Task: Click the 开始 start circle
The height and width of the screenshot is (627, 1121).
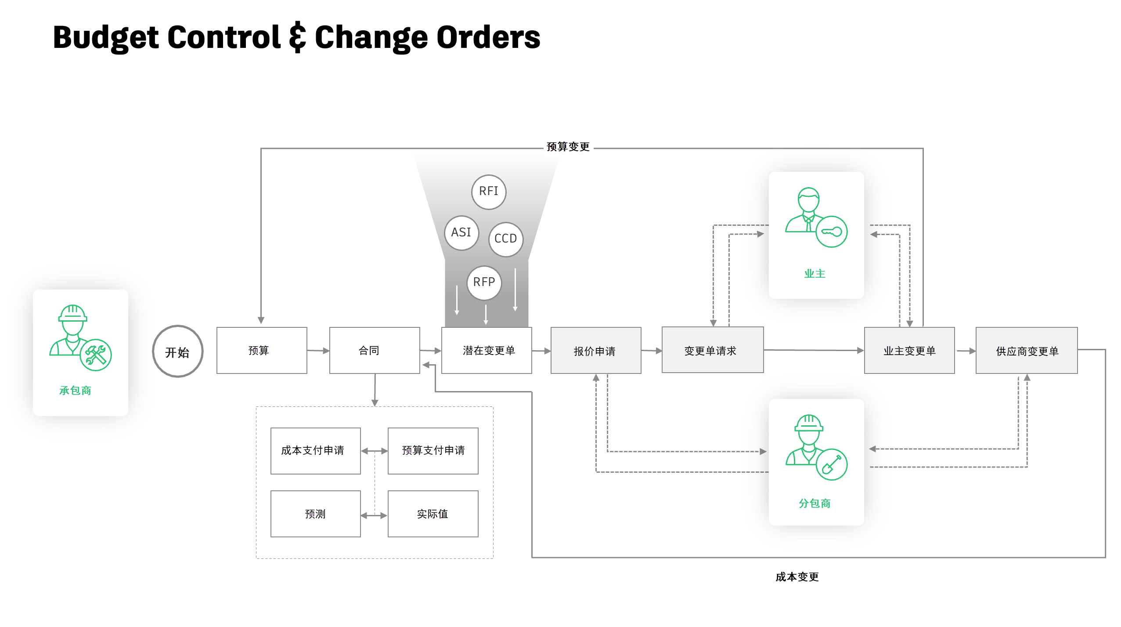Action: (177, 352)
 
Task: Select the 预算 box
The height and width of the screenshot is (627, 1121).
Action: (262, 351)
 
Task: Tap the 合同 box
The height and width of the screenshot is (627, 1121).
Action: (374, 351)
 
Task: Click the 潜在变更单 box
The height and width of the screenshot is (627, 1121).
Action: (487, 351)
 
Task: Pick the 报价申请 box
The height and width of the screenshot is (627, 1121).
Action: (595, 351)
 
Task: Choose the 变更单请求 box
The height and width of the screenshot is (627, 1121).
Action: (712, 350)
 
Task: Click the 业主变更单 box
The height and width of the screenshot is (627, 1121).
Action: (909, 351)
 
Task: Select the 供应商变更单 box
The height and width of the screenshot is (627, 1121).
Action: (1026, 351)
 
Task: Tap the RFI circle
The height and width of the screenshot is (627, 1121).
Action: (489, 192)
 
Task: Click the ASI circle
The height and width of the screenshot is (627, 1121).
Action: (461, 232)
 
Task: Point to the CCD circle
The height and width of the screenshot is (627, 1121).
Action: (506, 239)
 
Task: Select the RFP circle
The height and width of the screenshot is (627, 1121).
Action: (484, 283)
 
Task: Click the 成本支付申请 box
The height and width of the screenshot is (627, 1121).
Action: (315, 451)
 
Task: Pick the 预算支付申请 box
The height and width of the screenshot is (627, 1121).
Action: (433, 451)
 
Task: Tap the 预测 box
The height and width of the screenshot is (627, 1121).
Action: (315, 514)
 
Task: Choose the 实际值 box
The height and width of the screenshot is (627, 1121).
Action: (433, 514)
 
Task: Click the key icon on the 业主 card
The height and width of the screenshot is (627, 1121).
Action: (831, 232)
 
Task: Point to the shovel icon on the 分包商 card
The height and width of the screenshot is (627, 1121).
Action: (831, 464)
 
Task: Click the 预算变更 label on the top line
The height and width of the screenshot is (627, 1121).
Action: (568, 147)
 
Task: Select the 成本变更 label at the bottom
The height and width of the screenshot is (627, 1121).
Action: (797, 577)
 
